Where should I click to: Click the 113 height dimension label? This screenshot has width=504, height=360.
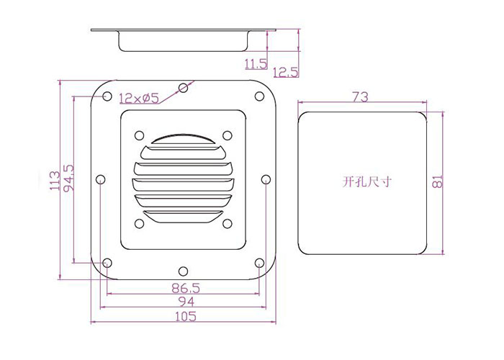pyautogui.click(x=55, y=181)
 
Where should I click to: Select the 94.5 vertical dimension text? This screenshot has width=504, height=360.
pyautogui.click(x=69, y=179)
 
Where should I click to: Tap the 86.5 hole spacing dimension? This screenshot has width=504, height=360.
pyautogui.click(x=186, y=288)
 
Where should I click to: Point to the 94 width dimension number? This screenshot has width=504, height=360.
pyautogui.click(x=186, y=302)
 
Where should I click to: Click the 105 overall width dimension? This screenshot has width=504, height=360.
pyautogui.click(x=186, y=316)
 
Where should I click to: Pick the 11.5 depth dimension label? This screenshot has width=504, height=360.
pyautogui.click(x=256, y=64)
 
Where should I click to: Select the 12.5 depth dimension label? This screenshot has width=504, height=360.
pyautogui.click(x=285, y=72)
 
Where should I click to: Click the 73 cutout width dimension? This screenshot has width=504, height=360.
pyautogui.click(x=360, y=96)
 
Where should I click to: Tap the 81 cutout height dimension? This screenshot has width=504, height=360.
pyautogui.click(x=438, y=182)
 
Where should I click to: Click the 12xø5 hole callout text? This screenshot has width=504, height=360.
pyautogui.click(x=139, y=98)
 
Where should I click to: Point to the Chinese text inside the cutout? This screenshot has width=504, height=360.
pyautogui.click(x=366, y=182)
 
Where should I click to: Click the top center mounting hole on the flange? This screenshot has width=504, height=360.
pyautogui.click(x=183, y=87)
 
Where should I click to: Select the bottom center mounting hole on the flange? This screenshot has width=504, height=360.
pyautogui.click(x=183, y=271)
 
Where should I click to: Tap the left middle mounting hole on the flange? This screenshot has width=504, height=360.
pyautogui.click(x=101, y=179)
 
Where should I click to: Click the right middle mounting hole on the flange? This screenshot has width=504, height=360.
pyautogui.click(x=266, y=179)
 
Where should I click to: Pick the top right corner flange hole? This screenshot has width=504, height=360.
pyautogui.click(x=259, y=96)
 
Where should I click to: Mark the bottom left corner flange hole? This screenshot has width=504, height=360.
pyautogui.click(x=107, y=263)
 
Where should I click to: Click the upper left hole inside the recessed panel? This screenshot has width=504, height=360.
pyautogui.click(x=139, y=135)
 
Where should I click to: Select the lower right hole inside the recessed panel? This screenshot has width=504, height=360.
pyautogui.click(x=228, y=223)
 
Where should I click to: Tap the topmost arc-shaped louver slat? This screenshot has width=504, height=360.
pyautogui.click(x=183, y=138)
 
